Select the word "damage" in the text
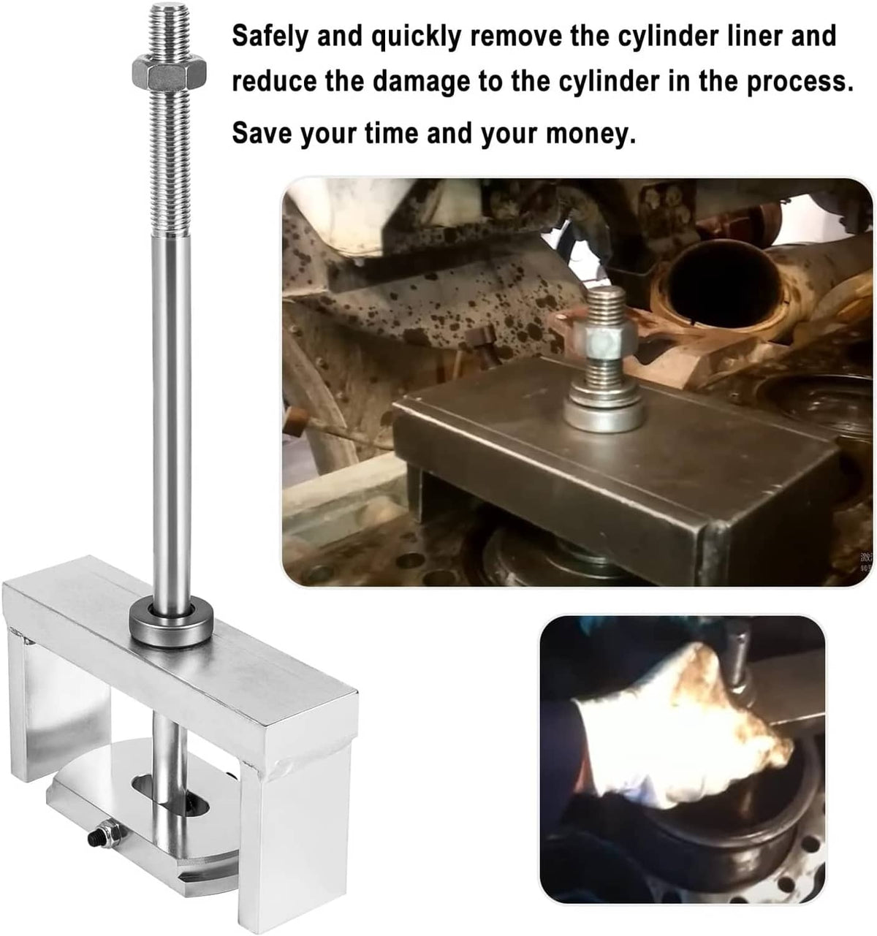(x=421, y=83)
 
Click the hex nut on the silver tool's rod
(x=169, y=73)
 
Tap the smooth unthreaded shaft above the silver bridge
(x=172, y=419)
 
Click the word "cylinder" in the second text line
(x=609, y=83)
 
